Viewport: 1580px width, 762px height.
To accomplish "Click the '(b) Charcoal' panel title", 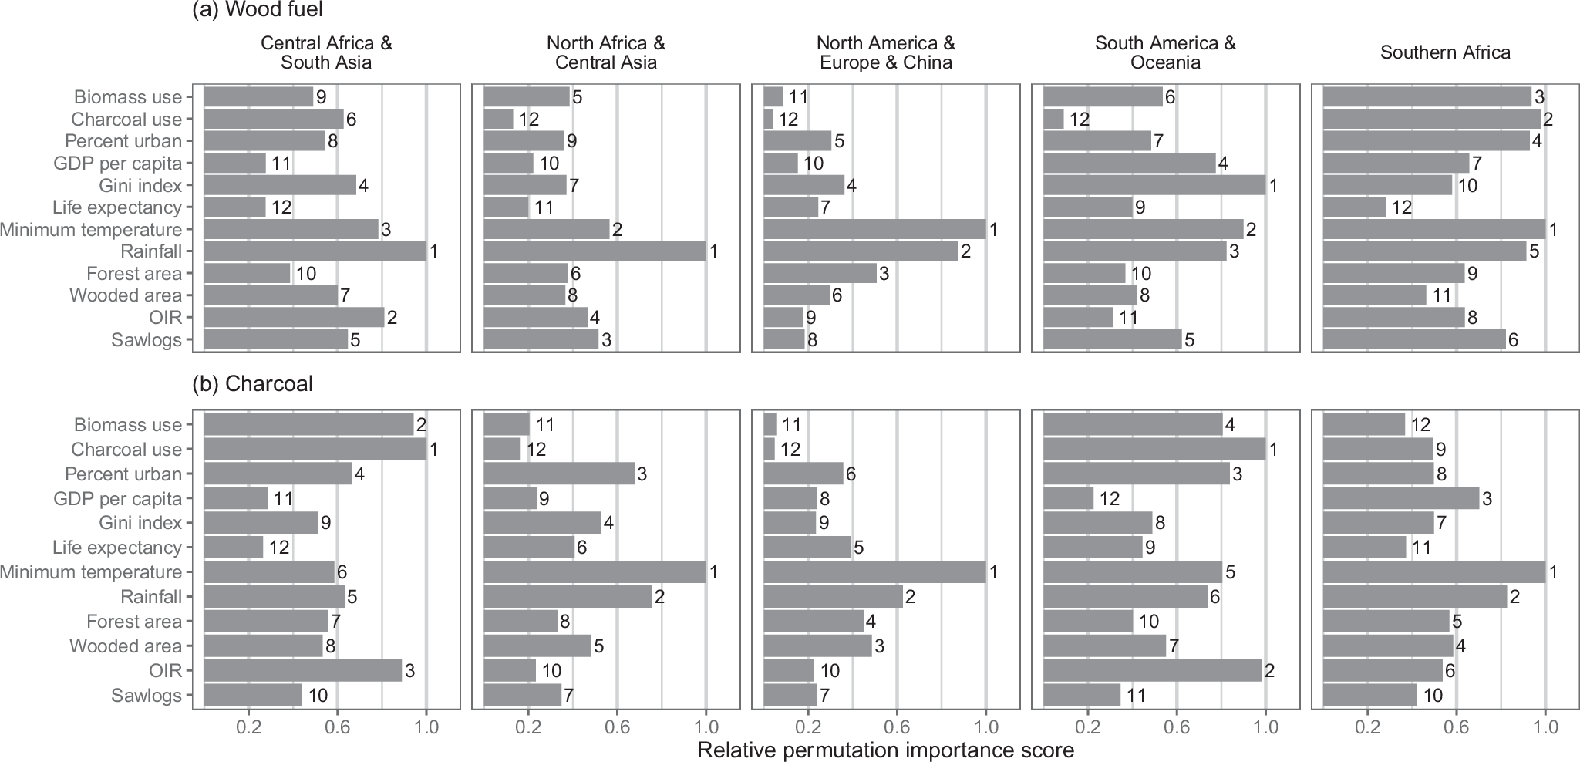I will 252,384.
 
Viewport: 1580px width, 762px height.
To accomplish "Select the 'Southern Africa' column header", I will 1445,52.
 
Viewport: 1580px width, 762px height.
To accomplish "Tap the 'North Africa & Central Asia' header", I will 605,52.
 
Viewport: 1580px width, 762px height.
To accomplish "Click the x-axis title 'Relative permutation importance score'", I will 885,750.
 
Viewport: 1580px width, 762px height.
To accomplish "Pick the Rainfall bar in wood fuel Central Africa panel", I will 315,251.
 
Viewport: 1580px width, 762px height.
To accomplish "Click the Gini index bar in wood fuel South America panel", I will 1154,185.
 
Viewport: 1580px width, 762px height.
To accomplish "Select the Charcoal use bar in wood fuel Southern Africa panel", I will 1431,119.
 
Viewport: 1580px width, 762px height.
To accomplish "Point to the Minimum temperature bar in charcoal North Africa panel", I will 595,572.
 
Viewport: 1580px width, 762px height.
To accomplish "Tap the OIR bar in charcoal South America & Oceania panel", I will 1152,671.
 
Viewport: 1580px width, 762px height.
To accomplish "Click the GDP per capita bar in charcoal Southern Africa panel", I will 1400,498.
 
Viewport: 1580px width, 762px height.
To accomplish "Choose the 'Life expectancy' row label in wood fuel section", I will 117,207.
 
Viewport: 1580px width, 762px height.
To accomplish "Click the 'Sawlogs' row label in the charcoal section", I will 147,696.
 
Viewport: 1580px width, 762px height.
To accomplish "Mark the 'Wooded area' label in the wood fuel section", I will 126,295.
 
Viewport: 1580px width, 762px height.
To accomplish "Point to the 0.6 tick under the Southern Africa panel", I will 1456,727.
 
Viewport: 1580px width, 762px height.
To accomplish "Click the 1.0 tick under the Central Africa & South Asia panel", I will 426,727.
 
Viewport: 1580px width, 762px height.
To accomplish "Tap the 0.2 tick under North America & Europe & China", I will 807,727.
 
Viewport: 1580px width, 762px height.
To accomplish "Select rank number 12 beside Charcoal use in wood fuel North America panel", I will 788,120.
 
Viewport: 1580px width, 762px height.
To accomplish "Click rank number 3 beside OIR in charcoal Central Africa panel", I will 410,671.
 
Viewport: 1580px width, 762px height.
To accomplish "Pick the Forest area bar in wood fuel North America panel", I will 820,274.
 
